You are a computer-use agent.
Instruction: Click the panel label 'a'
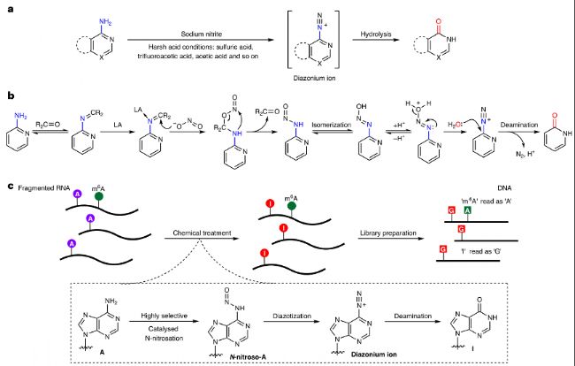(10, 9)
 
